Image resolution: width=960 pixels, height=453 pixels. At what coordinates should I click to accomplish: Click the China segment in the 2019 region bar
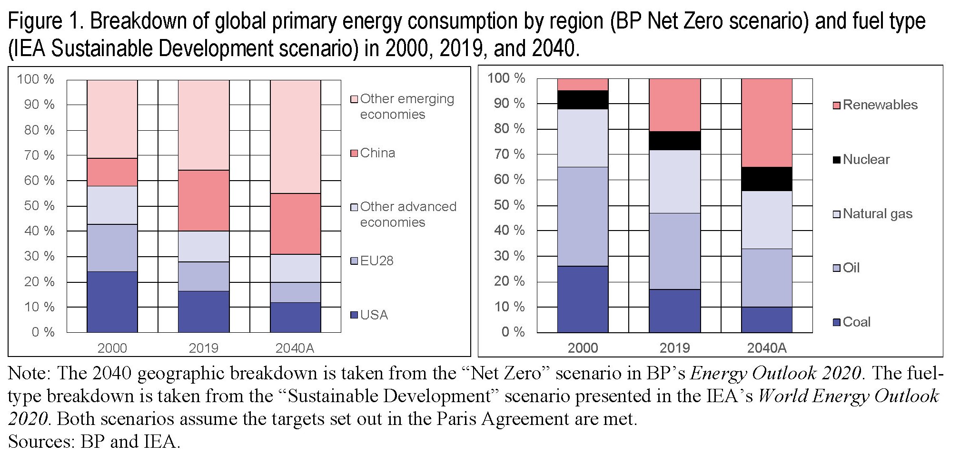[x=204, y=201]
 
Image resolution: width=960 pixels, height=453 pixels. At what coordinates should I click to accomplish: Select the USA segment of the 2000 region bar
[x=112, y=302]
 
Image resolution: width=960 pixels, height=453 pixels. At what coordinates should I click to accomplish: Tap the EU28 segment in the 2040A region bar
[x=296, y=292]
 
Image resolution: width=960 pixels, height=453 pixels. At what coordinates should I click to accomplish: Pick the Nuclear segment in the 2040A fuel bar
[x=767, y=179]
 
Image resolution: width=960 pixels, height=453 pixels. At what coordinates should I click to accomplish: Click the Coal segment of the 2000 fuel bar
[x=583, y=299]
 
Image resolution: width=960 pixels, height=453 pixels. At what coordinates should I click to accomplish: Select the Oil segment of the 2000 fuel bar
[x=583, y=216]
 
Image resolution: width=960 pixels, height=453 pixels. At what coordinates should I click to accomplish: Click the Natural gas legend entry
[x=877, y=214]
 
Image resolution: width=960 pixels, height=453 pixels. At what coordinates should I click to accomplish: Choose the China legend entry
[x=377, y=153]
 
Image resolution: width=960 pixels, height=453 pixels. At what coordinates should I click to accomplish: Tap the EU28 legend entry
[x=376, y=261]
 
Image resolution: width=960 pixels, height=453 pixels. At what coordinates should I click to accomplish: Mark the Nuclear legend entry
[x=866, y=160]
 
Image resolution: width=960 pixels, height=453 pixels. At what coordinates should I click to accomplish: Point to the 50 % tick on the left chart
[x=40, y=206]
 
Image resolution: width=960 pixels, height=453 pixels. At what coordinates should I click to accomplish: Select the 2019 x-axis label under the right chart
[x=674, y=348]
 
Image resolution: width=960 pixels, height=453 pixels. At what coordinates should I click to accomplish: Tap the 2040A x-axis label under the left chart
[x=295, y=348]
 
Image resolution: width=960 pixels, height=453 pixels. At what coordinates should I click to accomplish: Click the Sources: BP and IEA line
[x=94, y=442]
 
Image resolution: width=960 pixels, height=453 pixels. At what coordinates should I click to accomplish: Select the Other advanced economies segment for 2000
[x=112, y=205]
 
